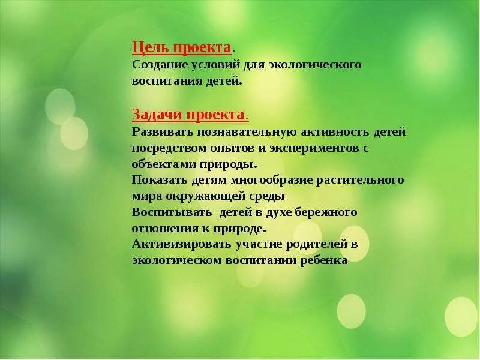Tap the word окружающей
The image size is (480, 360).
point(206,196)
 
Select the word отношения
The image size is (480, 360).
point(161,228)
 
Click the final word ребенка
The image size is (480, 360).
point(324,260)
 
